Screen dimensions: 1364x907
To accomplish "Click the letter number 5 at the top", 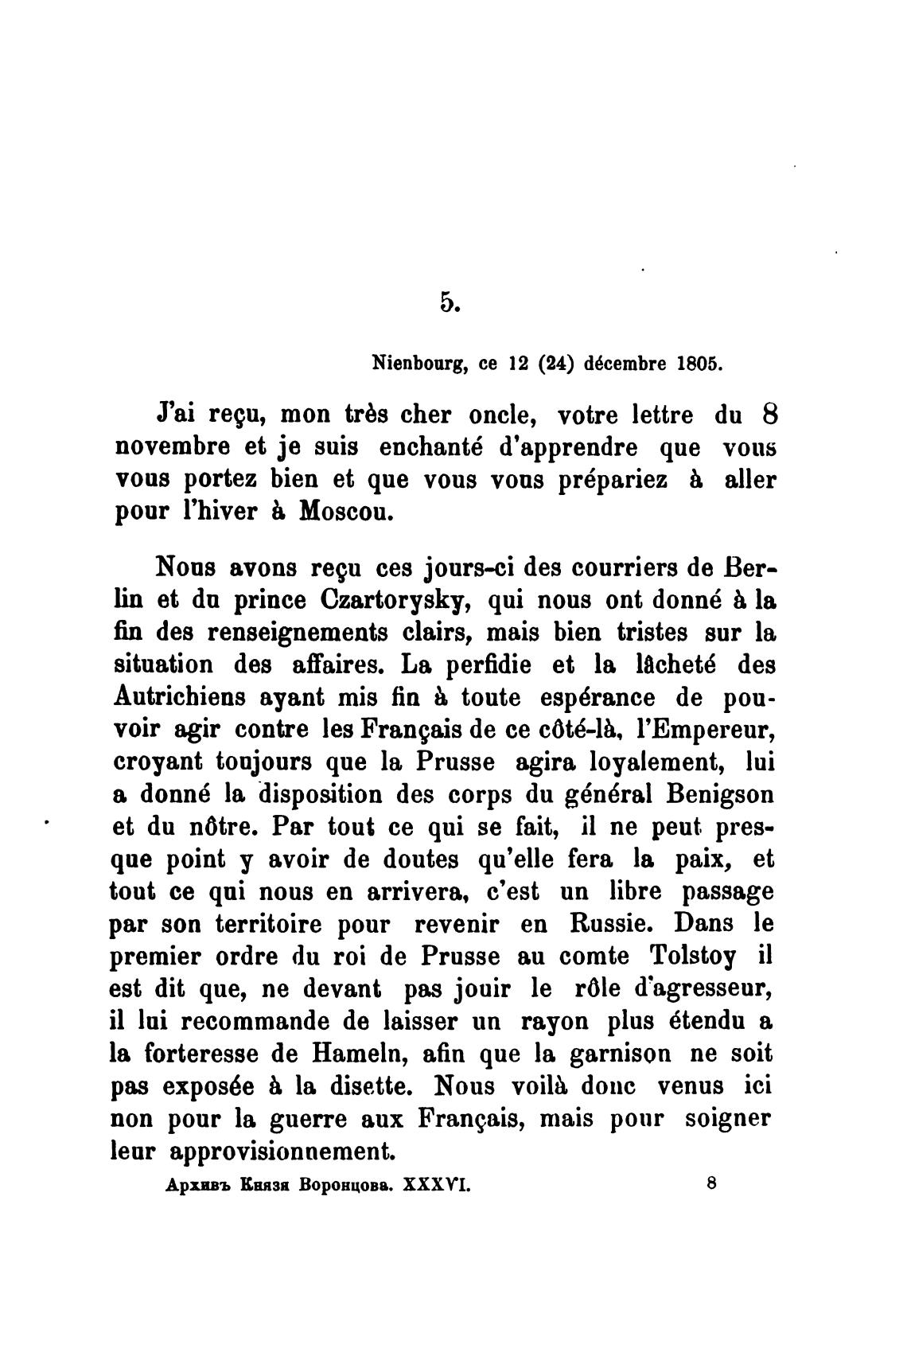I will (447, 302).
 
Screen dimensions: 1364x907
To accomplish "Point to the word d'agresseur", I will (694, 989).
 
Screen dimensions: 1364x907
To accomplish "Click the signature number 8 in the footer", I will (710, 1183).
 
